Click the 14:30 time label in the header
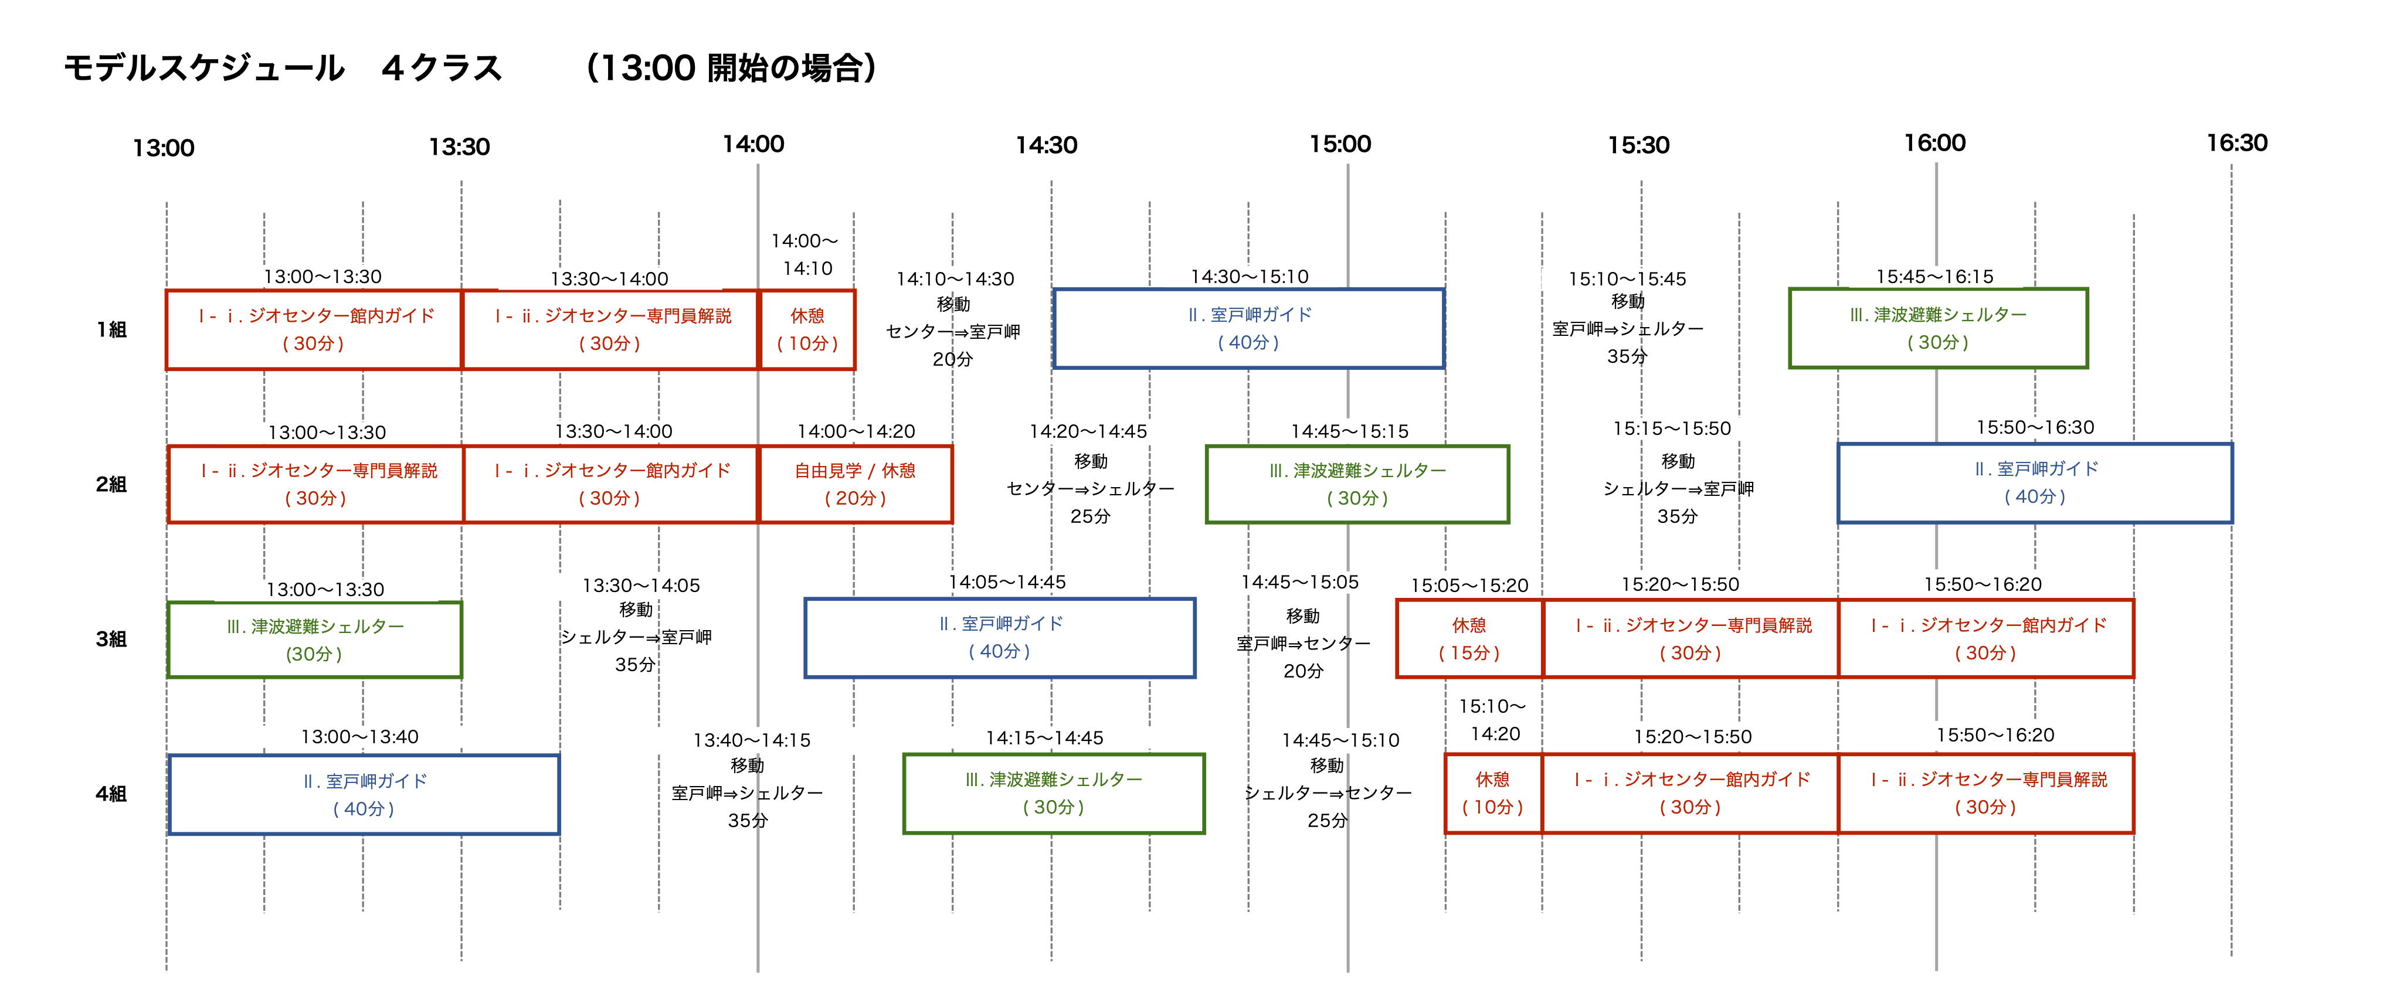click(x=1046, y=145)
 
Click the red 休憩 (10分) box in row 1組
click(x=807, y=330)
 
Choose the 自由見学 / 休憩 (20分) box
click(x=856, y=484)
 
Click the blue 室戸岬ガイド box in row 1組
click(x=1248, y=329)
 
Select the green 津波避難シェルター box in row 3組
click(x=315, y=640)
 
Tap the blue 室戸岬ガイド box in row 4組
click(x=364, y=795)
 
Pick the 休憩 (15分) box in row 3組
click(x=1469, y=639)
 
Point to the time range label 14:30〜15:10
click(x=1250, y=277)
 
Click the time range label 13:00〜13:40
click(x=359, y=737)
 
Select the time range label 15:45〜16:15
click(x=1934, y=277)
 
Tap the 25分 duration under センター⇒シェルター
click(x=1090, y=516)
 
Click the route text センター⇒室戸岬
click(x=952, y=332)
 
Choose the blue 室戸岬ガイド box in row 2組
click(x=2035, y=484)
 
